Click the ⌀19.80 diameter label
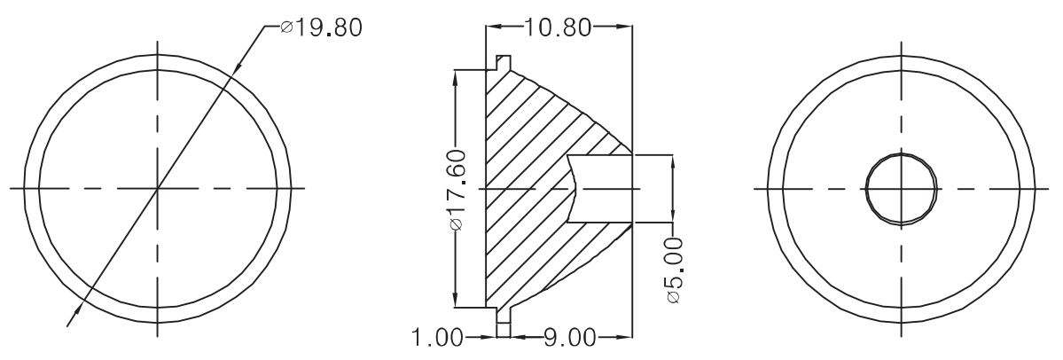click(x=321, y=27)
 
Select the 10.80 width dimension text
click(x=558, y=27)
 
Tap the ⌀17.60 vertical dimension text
click(x=457, y=190)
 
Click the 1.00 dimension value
click(x=438, y=337)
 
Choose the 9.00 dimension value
click(x=570, y=337)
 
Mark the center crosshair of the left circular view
click(x=157, y=189)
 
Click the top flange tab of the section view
click(x=503, y=62)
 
